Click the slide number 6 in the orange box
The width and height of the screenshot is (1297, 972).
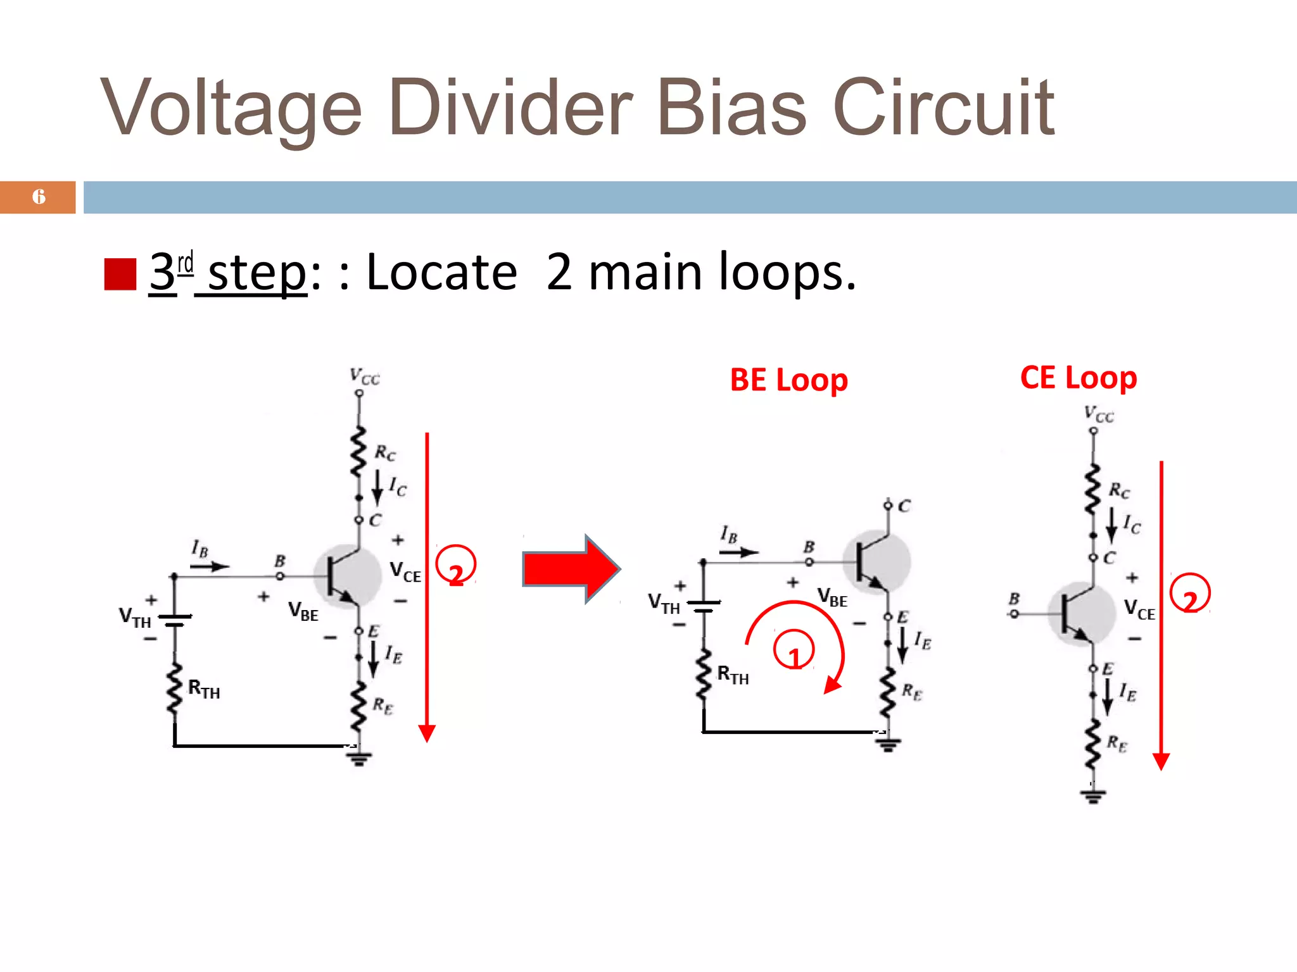pyautogui.click(x=39, y=197)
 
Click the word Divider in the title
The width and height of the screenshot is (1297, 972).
pyautogui.click(x=510, y=108)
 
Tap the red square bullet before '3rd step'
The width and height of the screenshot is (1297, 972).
pyautogui.click(x=120, y=274)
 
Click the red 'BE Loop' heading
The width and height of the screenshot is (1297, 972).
pyautogui.click(x=788, y=380)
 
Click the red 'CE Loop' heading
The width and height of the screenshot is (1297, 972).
pyautogui.click(x=1079, y=378)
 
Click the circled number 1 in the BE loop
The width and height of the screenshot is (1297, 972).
pyautogui.click(x=794, y=651)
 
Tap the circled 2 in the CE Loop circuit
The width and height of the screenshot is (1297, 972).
pyautogui.click(x=1190, y=594)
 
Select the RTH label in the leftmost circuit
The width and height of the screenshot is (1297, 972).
pyautogui.click(x=204, y=688)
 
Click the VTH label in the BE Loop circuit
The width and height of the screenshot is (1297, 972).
pyautogui.click(x=664, y=603)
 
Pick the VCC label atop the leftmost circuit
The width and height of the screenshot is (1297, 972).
pyautogui.click(x=365, y=377)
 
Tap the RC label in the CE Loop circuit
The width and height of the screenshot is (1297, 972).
pyautogui.click(x=1119, y=490)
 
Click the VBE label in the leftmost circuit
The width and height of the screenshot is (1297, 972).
pyautogui.click(x=303, y=611)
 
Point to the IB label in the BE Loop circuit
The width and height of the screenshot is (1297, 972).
pyautogui.click(x=729, y=535)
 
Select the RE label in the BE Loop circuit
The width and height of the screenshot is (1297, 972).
pyautogui.click(x=912, y=692)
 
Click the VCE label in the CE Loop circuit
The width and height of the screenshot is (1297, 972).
pyautogui.click(x=1139, y=610)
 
